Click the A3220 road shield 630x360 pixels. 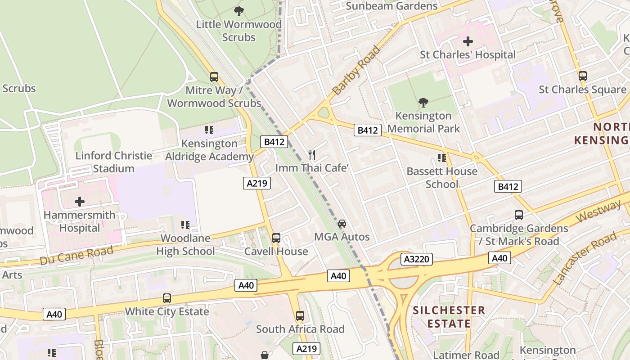(417, 259)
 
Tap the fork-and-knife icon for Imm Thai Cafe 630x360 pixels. (312, 155)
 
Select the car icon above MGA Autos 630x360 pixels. (342, 224)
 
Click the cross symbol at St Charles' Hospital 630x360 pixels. (468, 42)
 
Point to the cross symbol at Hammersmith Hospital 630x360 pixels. (80, 201)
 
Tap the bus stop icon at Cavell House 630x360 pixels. (276, 238)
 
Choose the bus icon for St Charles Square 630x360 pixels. (583, 76)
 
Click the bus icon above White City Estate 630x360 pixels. (167, 298)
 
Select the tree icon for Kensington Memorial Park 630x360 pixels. (423, 103)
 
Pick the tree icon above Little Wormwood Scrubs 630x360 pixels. (239, 11)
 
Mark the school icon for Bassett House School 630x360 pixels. (442, 158)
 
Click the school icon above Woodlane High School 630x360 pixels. (185, 225)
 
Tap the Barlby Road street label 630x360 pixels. (356, 70)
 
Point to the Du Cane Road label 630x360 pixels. (76, 255)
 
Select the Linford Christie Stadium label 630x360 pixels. (114, 162)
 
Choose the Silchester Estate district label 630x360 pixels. (449, 317)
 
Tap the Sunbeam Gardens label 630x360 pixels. (391, 6)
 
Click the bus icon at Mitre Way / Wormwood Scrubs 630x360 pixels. (214, 77)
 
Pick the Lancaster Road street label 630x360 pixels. (585, 259)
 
